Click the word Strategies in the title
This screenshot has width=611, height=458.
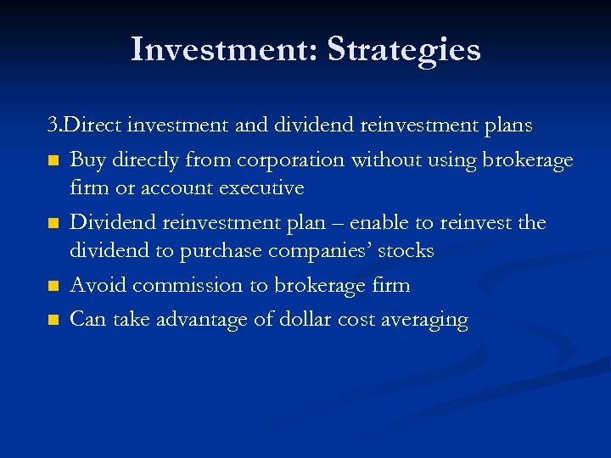404,50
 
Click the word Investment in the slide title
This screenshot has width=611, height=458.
222,49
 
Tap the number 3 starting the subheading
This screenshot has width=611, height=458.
53,126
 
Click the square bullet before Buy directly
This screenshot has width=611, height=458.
53,160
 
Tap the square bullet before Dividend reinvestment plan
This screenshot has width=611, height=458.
53,224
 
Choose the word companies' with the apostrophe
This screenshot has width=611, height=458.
320,251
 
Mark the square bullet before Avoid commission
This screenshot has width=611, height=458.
53,287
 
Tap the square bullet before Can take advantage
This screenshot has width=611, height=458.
53,321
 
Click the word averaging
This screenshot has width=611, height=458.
426,321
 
